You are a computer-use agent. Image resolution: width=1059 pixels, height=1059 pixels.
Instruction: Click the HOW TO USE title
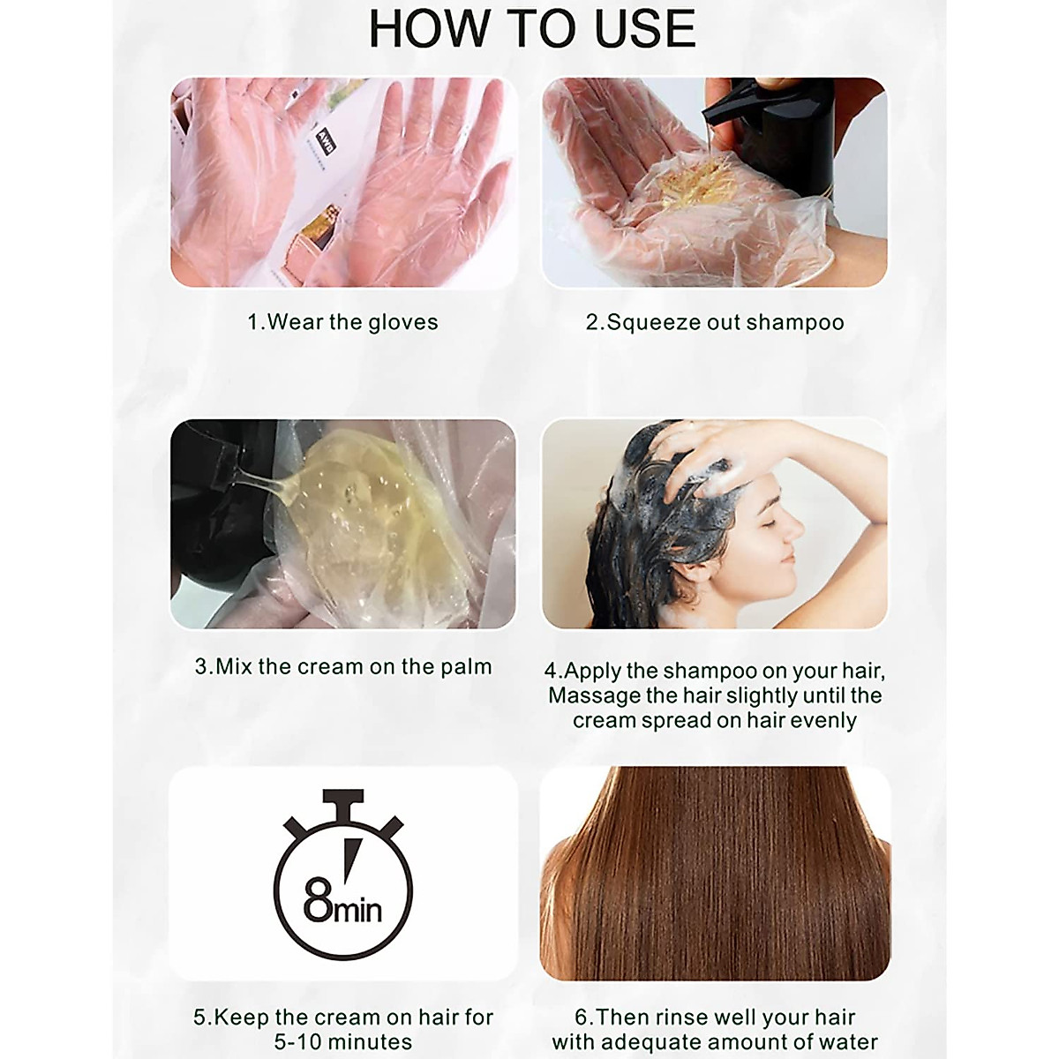tap(531, 29)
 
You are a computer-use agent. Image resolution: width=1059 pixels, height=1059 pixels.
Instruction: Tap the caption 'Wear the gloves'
tap(342, 322)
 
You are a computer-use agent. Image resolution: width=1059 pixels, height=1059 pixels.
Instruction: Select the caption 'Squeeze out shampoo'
tap(715, 322)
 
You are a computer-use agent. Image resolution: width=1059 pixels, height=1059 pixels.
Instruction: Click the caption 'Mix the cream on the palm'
tap(343, 666)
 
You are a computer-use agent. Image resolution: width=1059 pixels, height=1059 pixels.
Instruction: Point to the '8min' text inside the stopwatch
tap(342, 905)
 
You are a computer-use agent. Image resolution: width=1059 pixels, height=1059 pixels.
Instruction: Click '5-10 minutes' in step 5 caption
tap(343, 1041)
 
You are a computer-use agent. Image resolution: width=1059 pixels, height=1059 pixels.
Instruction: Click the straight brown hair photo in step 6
tap(715, 874)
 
